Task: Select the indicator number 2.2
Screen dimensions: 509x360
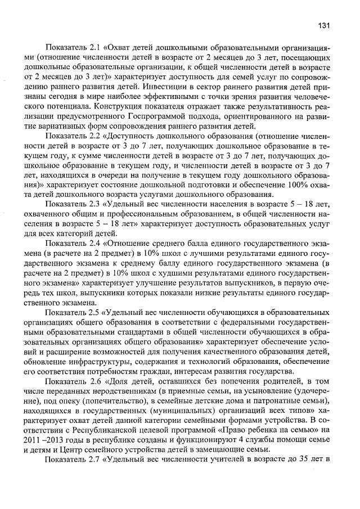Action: click(x=91, y=136)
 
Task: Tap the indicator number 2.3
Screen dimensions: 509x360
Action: click(x=91, y=204)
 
